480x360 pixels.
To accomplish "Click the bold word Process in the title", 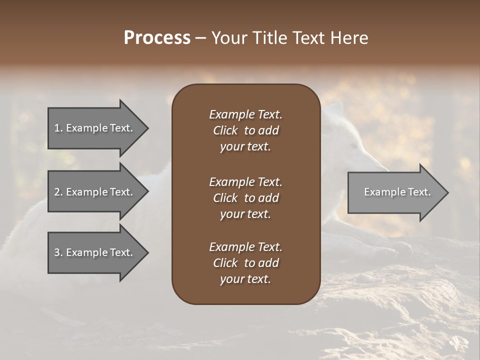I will (157, 38).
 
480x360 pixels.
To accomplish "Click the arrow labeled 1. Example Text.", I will (95, 128).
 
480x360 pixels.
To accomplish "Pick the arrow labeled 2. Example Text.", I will (95, 192).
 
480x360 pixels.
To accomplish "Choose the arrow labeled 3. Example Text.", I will (95, 252).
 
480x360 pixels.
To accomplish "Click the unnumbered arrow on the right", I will (395, 192).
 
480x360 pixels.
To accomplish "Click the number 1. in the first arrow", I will (58, 128).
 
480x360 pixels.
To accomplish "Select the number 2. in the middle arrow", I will (58, 192).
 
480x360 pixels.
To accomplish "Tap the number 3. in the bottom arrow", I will (58, 252).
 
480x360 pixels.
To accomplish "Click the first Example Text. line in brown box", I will (245, 114).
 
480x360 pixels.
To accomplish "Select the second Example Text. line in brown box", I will (245, 182).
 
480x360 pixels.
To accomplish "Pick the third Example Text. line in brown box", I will (245, 247).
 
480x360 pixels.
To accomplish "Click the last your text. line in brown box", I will (245, 279).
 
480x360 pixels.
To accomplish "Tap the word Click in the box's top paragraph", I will (225, 130).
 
